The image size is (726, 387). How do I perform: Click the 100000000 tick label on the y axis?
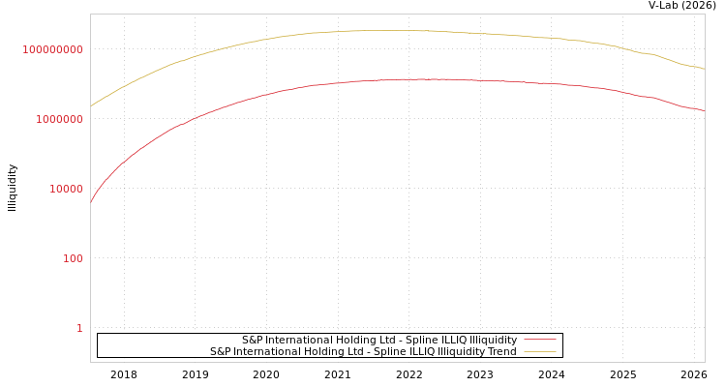click(52, 49)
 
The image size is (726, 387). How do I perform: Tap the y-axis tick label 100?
click(73, 258)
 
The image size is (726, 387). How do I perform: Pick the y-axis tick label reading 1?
click(79, 328)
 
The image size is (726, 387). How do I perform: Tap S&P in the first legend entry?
click(252, 341)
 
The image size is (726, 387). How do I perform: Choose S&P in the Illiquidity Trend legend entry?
click(220, 352)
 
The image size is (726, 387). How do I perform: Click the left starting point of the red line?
click(91, 202)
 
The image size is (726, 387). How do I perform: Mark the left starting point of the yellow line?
click(91, 105)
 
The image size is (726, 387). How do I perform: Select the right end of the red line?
click(704, 111)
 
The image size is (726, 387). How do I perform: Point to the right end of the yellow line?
click(704, 69)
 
